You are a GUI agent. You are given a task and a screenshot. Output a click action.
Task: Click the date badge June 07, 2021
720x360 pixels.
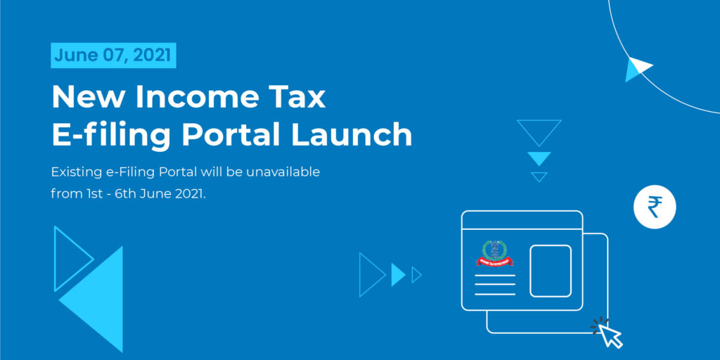(x=113, y=56)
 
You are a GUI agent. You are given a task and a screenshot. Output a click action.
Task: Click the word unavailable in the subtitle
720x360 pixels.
(x=283, y=173)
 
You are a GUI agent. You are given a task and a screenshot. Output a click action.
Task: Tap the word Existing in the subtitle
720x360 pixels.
(x=75, y=174)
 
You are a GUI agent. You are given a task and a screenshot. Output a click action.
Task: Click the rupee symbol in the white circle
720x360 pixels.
(x=655, y=207)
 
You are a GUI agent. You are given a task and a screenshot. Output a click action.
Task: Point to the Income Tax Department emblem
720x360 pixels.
(x=494, y=253)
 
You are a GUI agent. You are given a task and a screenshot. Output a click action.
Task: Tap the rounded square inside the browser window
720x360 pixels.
(x=551, y=271)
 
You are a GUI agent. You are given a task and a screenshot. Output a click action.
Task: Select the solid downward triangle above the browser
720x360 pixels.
(x=539, y=158)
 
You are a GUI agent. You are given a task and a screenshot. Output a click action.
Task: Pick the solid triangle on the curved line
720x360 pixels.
(x=637, y=69)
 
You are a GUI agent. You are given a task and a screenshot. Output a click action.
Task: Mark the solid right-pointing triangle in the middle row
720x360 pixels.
(x=397, y=275)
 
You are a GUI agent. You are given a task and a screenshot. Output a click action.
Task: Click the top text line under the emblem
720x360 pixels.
(x=494, y=276)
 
